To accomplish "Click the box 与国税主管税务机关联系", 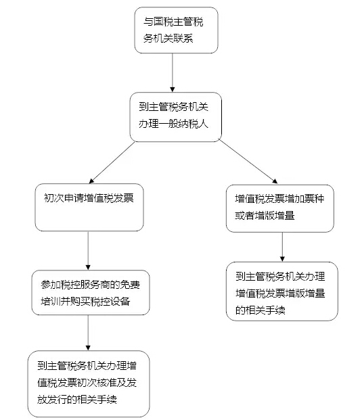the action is point(176,30).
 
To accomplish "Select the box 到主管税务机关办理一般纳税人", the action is point(175,117).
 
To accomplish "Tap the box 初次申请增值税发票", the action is point(89,208).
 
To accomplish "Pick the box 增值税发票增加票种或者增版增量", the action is point(280,208).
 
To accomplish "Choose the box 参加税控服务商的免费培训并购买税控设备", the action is point(91,292).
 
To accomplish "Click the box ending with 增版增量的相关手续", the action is point(282,291).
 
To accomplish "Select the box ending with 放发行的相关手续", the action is point(89,384).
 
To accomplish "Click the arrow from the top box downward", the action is point(173,72).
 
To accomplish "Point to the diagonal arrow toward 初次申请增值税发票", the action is point(112,162).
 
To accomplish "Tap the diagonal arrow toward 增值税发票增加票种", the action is point(248,162).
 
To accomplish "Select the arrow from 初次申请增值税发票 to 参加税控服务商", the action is point(88,250).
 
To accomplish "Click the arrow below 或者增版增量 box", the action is point(282,247).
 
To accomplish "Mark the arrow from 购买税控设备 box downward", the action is point(88,333).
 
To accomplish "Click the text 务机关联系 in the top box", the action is point(168,39).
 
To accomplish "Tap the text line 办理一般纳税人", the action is point(173,124).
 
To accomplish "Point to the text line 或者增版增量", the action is point(265,215).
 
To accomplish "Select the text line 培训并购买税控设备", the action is point(85,302).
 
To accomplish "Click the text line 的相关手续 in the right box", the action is point(261,310).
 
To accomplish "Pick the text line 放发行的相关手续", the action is point(77,400).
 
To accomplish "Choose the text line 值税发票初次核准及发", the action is point(87,383).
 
